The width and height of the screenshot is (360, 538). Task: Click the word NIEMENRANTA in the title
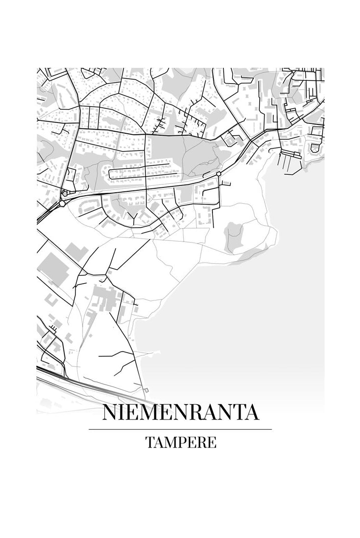[180, 413]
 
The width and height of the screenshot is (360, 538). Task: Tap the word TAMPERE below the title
[180, 442]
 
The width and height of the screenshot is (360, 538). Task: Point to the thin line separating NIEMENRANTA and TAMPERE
[180, 429]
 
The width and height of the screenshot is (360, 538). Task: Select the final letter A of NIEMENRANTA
[252, 413]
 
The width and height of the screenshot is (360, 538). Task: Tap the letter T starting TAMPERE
[149, 442]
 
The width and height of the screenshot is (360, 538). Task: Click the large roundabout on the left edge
[62, 203]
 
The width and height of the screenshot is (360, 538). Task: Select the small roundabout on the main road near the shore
[218, 174]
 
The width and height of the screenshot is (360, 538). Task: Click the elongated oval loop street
[140, 173]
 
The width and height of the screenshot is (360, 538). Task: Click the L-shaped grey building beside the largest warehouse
[76, 251]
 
